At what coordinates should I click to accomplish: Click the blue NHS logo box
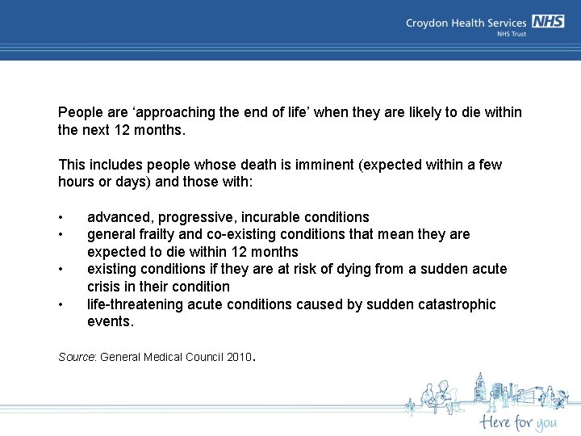point(548,22)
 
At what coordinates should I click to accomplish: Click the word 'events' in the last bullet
point(110,321)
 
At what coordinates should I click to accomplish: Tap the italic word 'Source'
point(77,357)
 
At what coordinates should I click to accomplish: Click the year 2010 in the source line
point(239,357)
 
